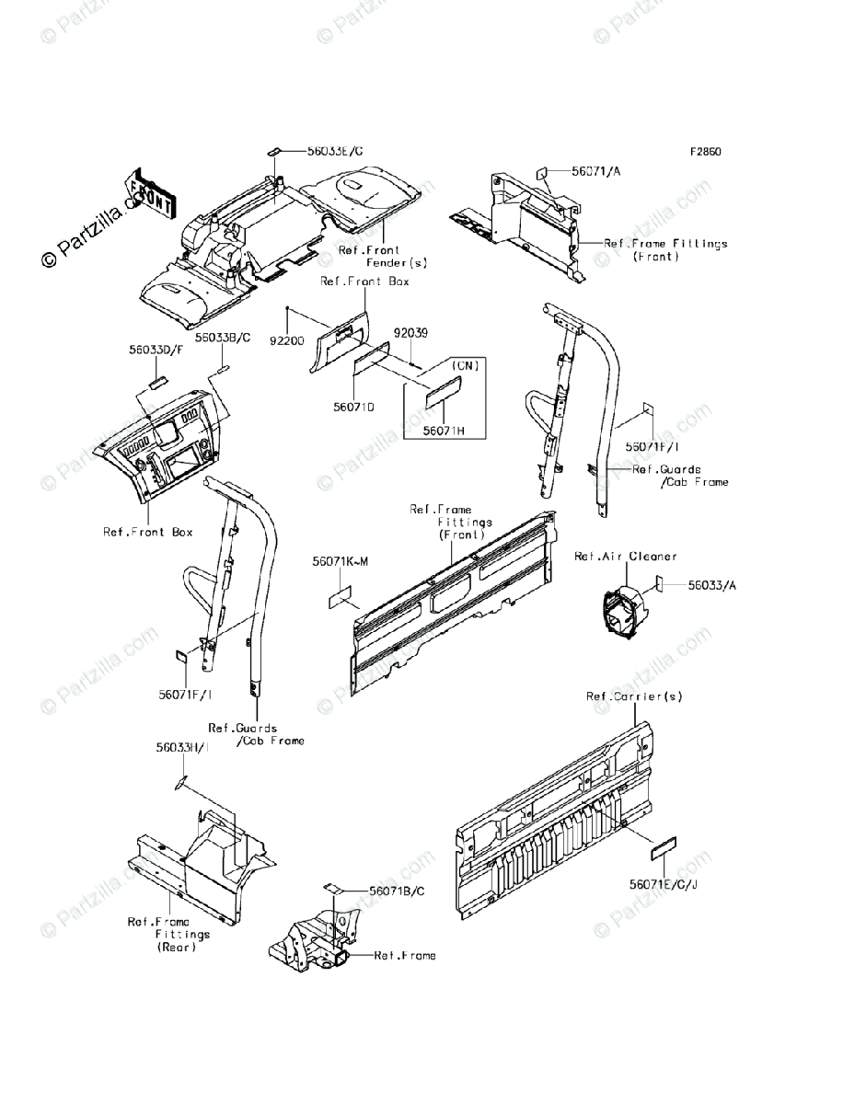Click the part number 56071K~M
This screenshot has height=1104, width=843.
point(340,561)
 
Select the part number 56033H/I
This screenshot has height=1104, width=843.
point(182,749)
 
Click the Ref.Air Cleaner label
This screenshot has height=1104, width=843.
point(625,556)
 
